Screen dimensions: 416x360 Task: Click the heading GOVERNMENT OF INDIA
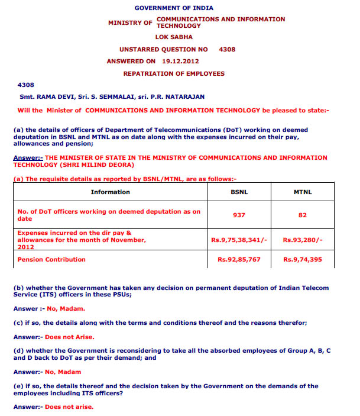click(x=174, y=8)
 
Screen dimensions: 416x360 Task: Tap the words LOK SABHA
click(x=173, y=37)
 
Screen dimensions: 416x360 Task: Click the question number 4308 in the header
click(x=227, y=49)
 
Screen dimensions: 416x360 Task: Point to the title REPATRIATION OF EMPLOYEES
click(x=174, y=73)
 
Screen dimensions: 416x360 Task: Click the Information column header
click(x=110, y=192)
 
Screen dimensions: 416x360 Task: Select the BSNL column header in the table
click(x=238, y=192)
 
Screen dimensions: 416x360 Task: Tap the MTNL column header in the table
click(x=303, y=192)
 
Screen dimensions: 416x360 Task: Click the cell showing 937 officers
click(x=238, y=215)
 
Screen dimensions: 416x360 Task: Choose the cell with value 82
click(x=303, y=215)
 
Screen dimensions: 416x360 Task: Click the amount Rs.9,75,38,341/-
click(x=238, y=240)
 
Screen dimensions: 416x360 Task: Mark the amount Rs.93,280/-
click(x=303, y=240)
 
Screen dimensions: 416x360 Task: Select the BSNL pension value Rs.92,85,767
click(x=238, y=259)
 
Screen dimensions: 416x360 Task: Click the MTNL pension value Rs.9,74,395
click(x=303, y=259)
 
